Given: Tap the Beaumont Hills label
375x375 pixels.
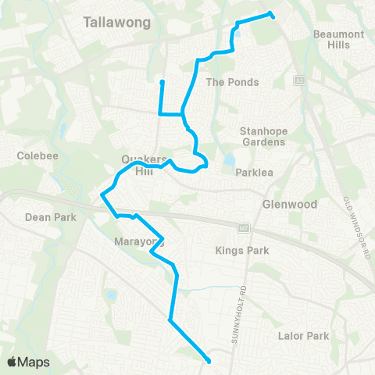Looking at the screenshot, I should tap(338, 40).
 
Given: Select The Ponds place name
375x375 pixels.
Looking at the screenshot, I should tap(231, 82).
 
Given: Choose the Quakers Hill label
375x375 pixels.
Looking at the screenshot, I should tap(140, 165).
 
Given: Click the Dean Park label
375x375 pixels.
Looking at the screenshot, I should tap(51, 217).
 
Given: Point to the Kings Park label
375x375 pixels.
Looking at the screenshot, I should tap(241, 251).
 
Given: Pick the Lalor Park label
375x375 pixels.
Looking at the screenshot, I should tap(304, 336).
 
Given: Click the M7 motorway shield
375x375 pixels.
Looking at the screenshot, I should tap(243, 228).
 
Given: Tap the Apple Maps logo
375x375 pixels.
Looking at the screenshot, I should tap(27, 362).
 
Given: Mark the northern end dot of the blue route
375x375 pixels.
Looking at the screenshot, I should tap(271, 13).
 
